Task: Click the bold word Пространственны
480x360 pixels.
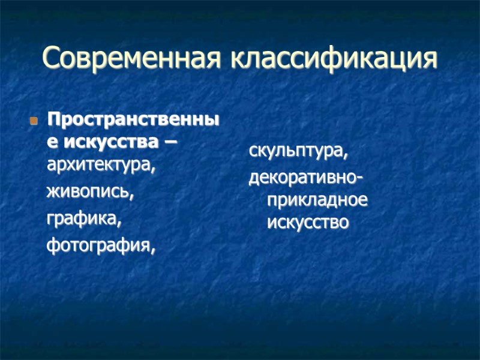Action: click(133, 121)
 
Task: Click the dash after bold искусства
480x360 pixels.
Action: click(173, 143)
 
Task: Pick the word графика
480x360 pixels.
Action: click(83, 219)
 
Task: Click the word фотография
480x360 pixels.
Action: click(98, 245)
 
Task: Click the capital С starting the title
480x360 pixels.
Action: click(52, 58)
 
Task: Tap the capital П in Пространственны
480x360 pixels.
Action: click(54, 120)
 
